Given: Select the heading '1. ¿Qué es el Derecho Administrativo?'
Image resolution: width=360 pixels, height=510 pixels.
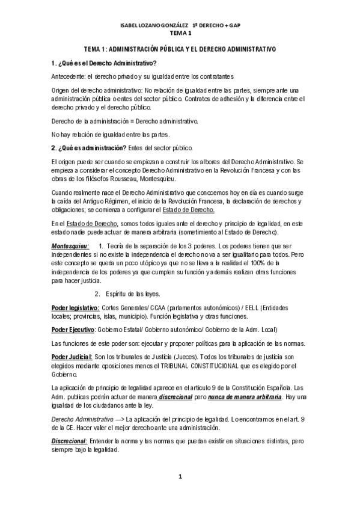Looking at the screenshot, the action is [104, 63].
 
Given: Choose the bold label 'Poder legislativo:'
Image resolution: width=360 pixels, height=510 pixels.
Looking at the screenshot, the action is [75, 308].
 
